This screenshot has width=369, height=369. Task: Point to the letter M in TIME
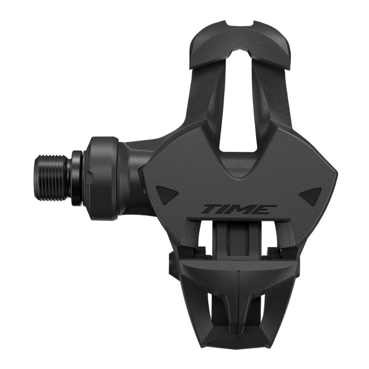click(x=245, y=209)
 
